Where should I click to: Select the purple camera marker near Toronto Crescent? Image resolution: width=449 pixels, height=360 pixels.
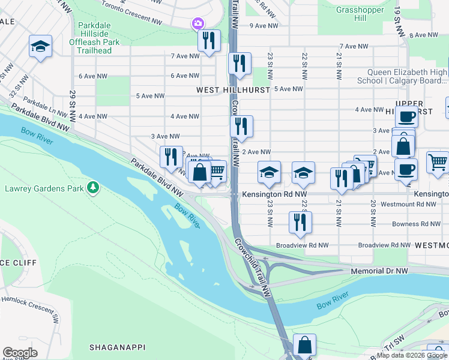197,24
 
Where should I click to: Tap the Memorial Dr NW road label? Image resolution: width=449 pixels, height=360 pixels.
379,271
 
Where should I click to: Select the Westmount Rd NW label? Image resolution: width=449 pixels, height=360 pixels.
402,205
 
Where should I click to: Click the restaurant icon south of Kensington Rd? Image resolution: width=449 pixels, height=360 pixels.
299,221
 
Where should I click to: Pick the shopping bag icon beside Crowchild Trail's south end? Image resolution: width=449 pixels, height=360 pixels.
305,345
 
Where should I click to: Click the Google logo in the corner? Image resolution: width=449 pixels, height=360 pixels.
20,353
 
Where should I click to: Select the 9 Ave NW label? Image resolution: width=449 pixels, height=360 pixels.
264,26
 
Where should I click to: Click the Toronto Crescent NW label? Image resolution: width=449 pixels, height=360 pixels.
131,13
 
